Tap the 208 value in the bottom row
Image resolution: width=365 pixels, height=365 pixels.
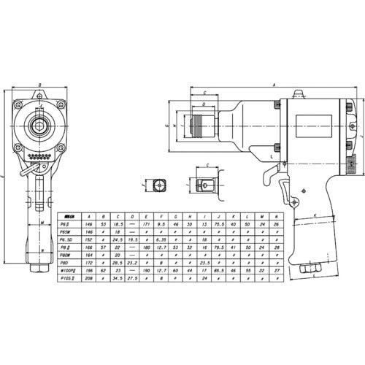tap(89, 278)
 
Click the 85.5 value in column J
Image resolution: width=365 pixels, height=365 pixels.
tap(219, 271)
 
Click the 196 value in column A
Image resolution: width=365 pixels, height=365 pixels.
tap(89, 271)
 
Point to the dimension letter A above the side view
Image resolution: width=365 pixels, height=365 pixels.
tap(274, 85)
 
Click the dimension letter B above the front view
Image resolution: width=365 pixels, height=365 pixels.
tap(40, 85)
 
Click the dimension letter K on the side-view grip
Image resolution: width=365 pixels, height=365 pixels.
tap(314, 216)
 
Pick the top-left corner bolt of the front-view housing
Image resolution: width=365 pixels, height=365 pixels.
tap(20, 107)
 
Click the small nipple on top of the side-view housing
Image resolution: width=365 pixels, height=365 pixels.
tap(297, 94)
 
